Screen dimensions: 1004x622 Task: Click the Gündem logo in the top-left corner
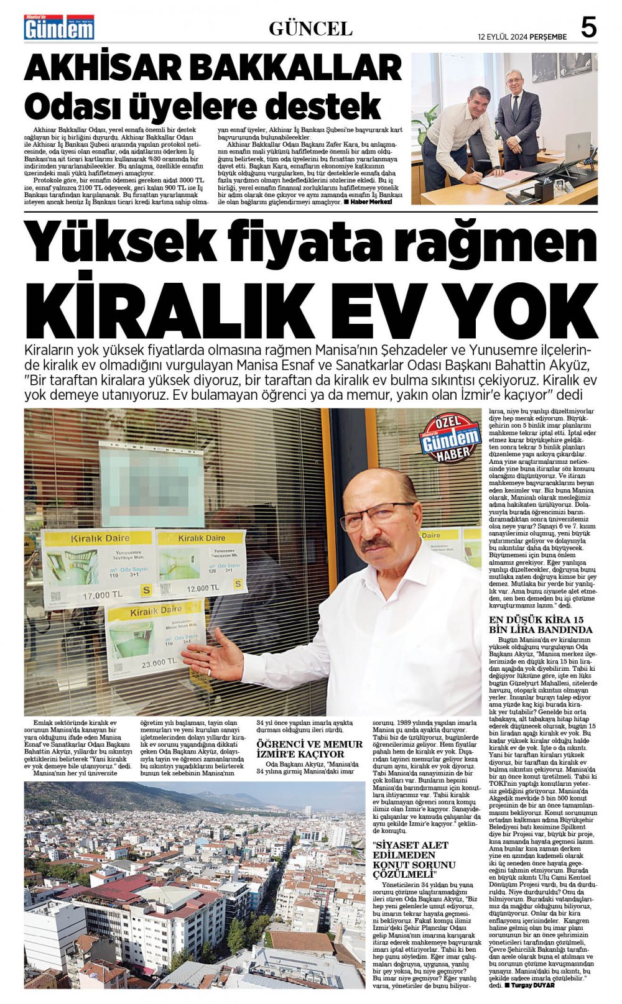(59, 28)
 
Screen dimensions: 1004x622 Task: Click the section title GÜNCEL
(310, 29)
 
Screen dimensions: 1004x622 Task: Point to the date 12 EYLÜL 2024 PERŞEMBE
(522, 37)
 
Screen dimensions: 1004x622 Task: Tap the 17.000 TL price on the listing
(103, 595)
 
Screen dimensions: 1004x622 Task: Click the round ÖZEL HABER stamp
(450, 438)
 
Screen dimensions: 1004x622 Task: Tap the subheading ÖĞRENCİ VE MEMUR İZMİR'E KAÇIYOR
(309, 748)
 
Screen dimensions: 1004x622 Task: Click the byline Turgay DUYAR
(533, 985)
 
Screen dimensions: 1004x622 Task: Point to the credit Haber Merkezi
(371, 202)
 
